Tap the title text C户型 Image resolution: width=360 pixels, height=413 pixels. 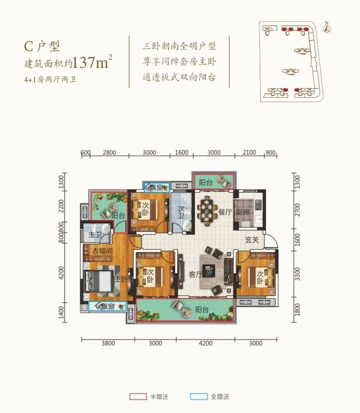[43, 47]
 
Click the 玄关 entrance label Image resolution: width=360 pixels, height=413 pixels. [252, 240]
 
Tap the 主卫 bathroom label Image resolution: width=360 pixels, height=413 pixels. [95, 236]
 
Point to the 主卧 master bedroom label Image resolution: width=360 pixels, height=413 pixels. [120, 279]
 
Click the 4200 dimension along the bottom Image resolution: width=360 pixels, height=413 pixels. [205, 344]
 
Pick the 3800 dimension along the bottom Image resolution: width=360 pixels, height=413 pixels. [108, 344]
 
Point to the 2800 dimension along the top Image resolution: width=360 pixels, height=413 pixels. [109, 153]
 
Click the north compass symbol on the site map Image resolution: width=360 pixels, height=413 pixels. [328, 27]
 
